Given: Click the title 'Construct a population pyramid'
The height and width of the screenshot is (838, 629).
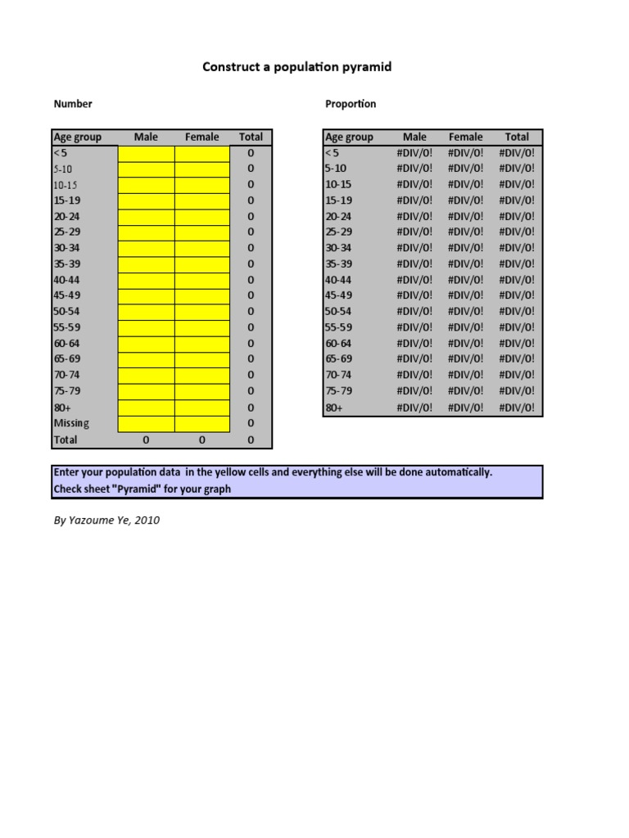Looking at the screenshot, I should [x=296, y=66].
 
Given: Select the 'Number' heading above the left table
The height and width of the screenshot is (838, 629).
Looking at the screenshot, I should [x=73, y=104].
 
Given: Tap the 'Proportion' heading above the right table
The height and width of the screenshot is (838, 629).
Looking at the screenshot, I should [x=351, y=104].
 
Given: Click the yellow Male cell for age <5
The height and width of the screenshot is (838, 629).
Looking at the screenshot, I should [x=146, y=153].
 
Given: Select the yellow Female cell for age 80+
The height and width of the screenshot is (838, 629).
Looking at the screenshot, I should [x=201, y=408].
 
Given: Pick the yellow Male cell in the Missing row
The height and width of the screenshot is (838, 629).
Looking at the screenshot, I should [x=146, y=424].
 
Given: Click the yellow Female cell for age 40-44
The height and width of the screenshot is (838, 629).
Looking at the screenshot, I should [x=201, y=280].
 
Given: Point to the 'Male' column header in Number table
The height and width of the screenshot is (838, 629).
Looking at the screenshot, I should [x=146, y=137].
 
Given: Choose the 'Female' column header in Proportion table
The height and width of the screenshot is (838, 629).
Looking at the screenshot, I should [x=465, y=137].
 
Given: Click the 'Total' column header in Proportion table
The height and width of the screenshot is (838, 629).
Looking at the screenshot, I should [x=517, y=137].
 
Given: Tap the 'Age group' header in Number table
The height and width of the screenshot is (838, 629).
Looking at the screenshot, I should [x=77, y=137].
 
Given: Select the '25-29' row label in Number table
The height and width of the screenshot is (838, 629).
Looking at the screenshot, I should [x=67, y=232].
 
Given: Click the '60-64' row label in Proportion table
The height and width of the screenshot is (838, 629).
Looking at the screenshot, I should [x=338, y=344].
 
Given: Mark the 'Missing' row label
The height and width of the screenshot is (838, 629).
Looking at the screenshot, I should [x=71, y=424].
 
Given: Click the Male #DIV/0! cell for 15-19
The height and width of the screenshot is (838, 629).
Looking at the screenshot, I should [x=415, y=200].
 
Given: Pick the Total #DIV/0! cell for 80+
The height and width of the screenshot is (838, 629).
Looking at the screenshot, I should [x=517, y=408].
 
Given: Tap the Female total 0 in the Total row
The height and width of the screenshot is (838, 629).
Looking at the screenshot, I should [x=201, y=440].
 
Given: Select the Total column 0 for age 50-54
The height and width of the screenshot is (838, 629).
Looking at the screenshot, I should [x=251, y=312].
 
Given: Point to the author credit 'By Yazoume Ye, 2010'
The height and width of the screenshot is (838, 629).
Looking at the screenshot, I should [x=106, y=520].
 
